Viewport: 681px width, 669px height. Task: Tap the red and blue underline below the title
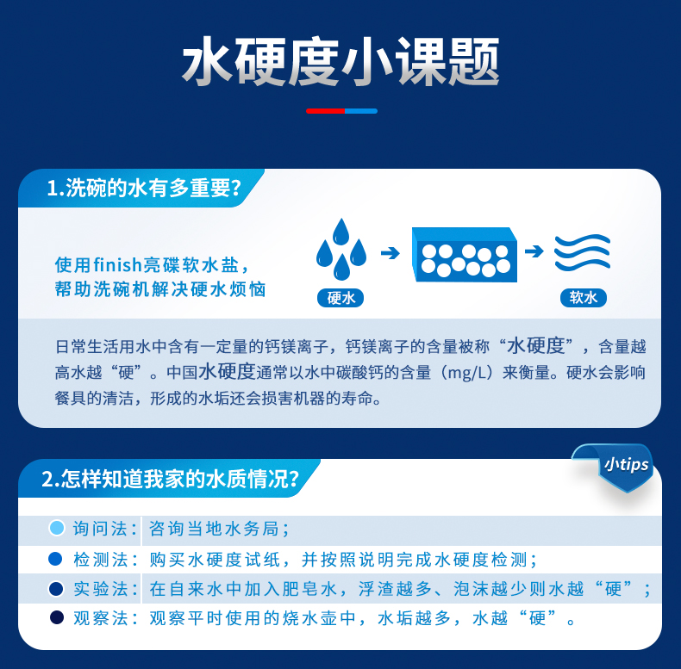click(341, 111)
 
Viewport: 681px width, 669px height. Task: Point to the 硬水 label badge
click(341, 299)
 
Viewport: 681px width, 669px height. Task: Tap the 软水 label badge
click(583, 299)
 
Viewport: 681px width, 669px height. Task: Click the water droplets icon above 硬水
click(341, 250)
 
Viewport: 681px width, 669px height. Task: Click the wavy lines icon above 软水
click(583, 253)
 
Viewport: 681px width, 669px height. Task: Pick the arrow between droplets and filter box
click(390, 253)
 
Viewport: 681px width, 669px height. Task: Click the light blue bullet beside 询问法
click(57, 529)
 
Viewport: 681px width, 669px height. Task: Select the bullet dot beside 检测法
click(57, 559)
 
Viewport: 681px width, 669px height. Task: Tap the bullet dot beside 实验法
click(57, 589)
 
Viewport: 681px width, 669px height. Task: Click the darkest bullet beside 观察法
click(57, 618)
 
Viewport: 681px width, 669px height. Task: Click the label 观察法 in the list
click(99, 618)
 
